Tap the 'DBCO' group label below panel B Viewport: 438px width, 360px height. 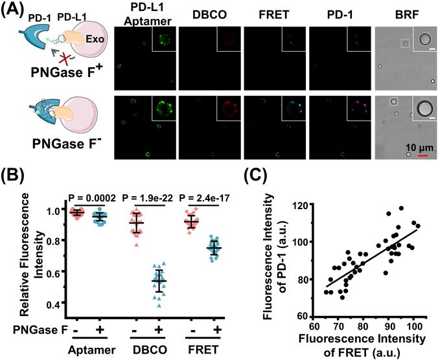(x=154, y=350)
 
